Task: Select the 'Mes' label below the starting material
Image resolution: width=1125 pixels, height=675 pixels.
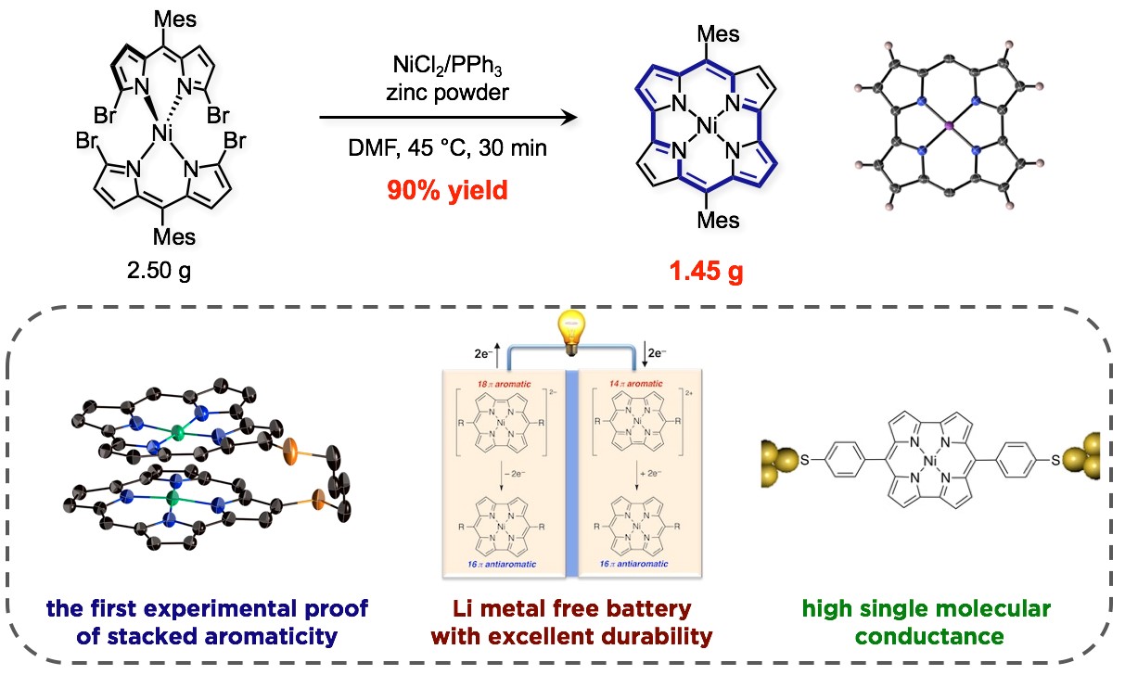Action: pyautogui.click(x=174, y=237)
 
